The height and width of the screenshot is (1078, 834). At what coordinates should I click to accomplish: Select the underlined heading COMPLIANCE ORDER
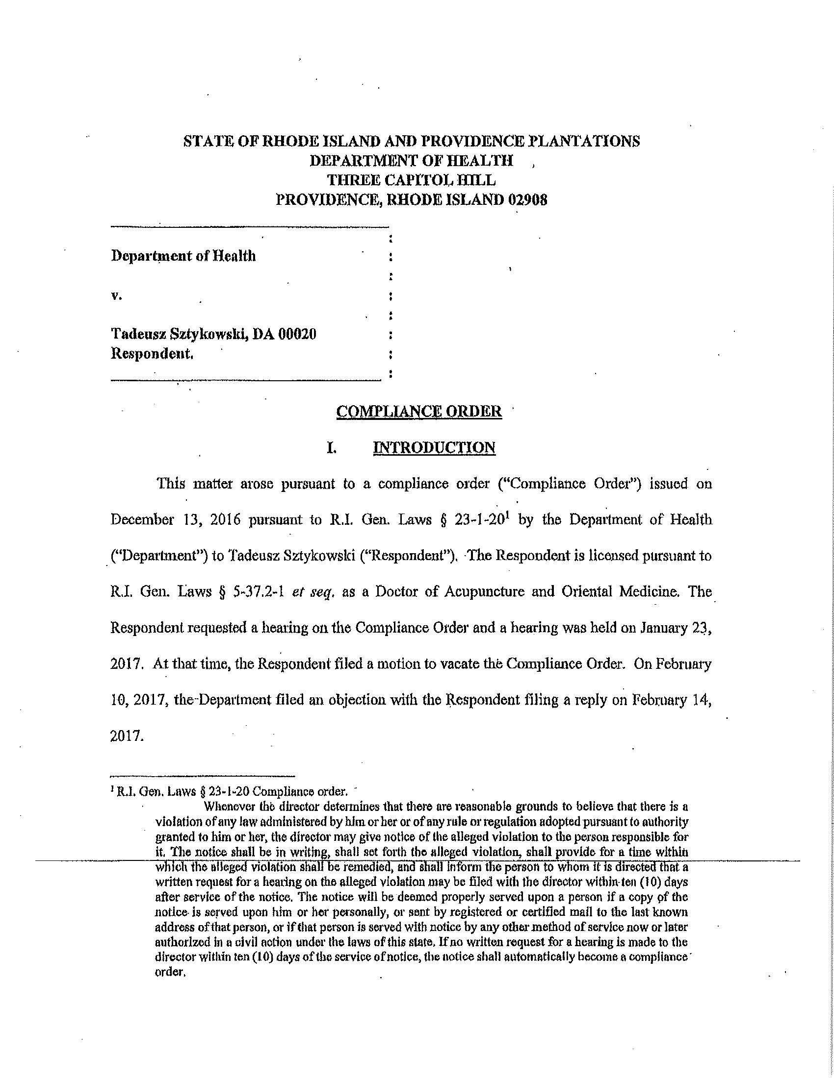click(x=418, y=411)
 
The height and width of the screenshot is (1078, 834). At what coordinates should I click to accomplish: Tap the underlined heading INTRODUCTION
click(x=434, y=447)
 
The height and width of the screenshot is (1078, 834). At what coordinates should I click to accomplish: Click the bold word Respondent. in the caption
click(x=152, y=354)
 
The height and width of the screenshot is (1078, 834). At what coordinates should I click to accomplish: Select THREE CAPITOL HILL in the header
click(x=411, y=180)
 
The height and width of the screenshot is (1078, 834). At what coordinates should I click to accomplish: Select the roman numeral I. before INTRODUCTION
click(x=332, y=448)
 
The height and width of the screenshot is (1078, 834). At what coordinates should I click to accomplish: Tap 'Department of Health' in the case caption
click(x=183, y=256)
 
